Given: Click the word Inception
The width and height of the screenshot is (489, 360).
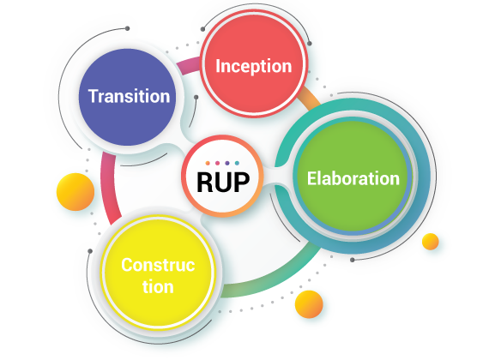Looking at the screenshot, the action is pyautogui.click(x=254, y=67).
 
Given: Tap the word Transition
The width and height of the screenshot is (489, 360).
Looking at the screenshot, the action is pyautogui.click(x=129, y=96).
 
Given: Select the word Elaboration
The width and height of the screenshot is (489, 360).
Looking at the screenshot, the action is pyautogui.click(x=353, y=178).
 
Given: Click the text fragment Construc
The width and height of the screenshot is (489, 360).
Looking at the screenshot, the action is pyautogui.click(x=158, y=265).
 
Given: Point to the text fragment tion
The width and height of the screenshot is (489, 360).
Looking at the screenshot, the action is pyautogui.click(x=158, y=287).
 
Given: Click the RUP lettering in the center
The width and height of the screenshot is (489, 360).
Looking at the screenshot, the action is pyautogui.click(x=223, y=183).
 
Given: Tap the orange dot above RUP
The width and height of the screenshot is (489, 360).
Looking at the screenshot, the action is pyautogui.click(x=208, y=163).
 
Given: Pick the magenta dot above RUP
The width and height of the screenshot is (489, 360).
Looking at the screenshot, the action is pyautogui.click(x=217, y=163).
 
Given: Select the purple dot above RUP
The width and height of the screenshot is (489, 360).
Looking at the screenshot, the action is pyautogui.click(x=227, y=163).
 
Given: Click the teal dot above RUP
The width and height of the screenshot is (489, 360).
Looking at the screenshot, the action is pyautogui.click(x=237, y=163).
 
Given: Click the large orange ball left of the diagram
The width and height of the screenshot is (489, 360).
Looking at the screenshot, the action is pyautogui.click(x=75, y=192).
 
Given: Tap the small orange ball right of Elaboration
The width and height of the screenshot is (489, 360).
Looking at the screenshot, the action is pyautogui.click(x=431, y=242).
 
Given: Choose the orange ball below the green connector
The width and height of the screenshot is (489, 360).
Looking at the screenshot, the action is pyautogui.click(x=309, y=304).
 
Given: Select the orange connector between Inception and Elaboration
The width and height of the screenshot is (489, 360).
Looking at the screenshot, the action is pyautogui.click(x=309, y=99).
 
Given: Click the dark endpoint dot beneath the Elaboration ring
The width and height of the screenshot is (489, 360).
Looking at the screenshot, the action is pyautogui.click(x=352, y=260).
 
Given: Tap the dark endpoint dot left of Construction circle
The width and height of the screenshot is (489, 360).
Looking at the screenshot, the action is pyautogui.click(x=90, y=251).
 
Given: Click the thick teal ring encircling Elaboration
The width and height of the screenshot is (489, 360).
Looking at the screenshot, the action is pyautogui.click(x=425, y=176).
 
